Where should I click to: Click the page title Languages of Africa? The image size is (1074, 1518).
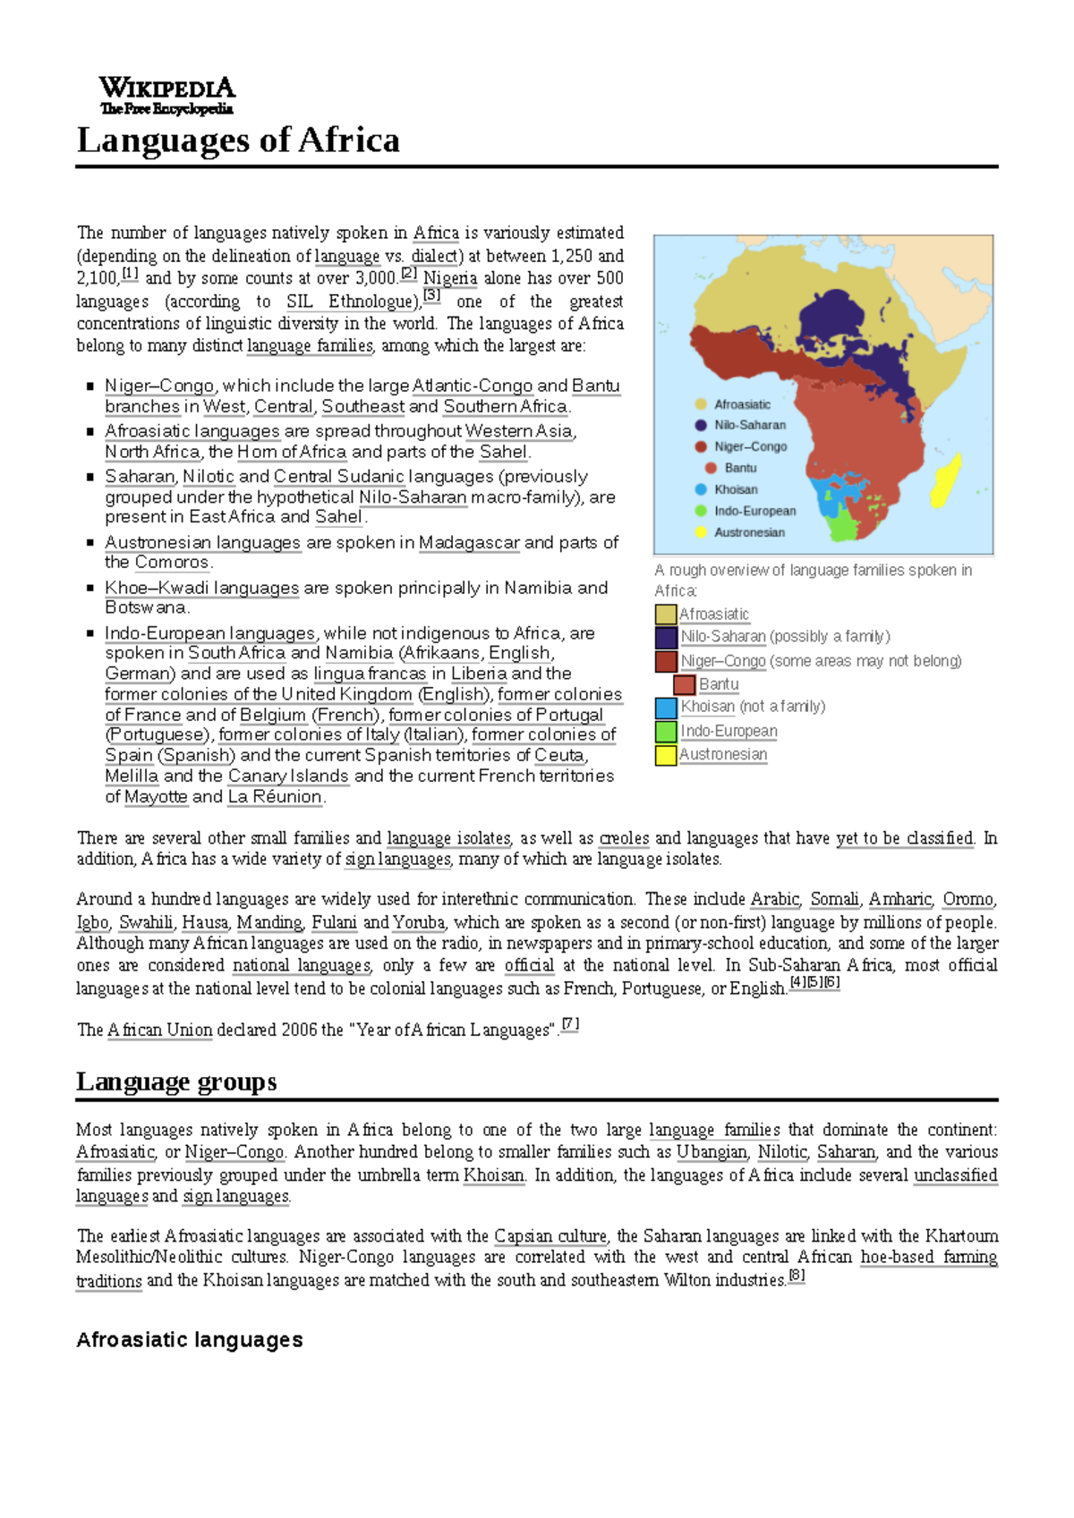click(x=238, y=140)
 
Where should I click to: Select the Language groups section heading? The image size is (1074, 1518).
click(x=176, y=1081)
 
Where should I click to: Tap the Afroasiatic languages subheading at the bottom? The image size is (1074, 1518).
click(x=190, y=1339)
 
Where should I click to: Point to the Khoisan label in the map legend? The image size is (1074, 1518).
click(x=736, y=489)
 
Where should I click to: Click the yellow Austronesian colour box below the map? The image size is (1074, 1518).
click(x=666, y=755)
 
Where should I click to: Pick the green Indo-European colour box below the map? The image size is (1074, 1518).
click(x=666, y=731)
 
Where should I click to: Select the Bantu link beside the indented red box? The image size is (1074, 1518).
click(x=719, y=684)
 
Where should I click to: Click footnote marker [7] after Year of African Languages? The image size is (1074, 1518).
click(x=570, y=1025)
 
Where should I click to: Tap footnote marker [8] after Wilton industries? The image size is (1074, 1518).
click(x=797, y=1276)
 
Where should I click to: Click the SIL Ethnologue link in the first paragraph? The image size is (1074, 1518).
click(x=353, y=301)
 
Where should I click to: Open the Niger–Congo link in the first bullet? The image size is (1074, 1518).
click(x=159, y=386)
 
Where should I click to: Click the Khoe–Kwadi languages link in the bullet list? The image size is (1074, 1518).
click(x=201, y=588)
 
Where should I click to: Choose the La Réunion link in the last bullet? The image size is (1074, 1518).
click(x=274, y=796)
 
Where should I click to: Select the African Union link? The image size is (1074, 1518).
click(x=160, y=1030)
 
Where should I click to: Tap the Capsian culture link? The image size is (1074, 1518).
click(x=550, y=1236)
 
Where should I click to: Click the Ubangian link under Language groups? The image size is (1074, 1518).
click(x=712, y=1152)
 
